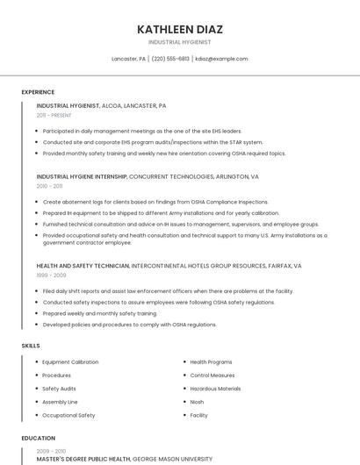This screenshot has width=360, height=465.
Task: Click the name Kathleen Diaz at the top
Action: click(x=179, y=29)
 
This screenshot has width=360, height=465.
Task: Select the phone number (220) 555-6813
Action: click(x=170, y=59)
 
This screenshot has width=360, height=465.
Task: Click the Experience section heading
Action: click(x=38, y=92)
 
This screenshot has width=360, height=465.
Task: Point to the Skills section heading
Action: click(x=31, y=346)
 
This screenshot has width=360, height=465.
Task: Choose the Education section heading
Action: click(x=39, y=438)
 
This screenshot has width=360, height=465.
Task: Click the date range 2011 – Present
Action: click(x=54, y=115)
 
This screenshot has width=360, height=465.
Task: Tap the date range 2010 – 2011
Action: click(x=49, y=186)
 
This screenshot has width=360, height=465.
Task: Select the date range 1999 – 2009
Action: click(x=50, y=275)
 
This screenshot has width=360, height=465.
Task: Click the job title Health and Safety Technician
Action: click(x=83, y=265)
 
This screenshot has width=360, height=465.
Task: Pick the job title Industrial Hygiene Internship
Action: click(x=82, y=176)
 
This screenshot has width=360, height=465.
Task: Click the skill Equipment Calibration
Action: click(x=70, y=362)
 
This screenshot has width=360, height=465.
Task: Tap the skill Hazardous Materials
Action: click(x=215, y=389)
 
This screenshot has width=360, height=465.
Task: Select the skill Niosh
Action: click(x=197, y=402)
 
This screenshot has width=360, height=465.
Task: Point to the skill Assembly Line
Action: click(x=60, y=402)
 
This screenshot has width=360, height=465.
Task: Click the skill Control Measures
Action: click(x=212, y=376)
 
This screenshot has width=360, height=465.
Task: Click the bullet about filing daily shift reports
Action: click(x=167, y=291)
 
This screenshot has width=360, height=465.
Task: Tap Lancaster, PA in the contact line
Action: click(x=128, y=59)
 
